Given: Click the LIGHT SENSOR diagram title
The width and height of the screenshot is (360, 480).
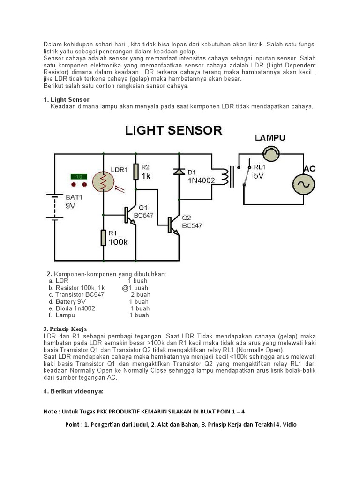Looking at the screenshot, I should coord(173,131).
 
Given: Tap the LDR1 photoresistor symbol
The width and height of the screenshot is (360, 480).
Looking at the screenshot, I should coord(103,182).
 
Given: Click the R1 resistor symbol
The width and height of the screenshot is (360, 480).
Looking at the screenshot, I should coord(103,238).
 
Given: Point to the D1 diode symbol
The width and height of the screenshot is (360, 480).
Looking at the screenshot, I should coord(179,172).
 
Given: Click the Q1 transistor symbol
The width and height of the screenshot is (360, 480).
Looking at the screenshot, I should coord(131,215).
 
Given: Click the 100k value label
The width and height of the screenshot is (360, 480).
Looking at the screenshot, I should coord(118,242).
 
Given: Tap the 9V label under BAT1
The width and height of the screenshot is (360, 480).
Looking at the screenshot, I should coord(70,206).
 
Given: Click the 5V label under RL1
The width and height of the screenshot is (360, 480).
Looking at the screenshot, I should coord(259,176).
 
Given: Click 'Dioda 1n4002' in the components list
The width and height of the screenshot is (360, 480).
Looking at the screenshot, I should coord(75,308).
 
